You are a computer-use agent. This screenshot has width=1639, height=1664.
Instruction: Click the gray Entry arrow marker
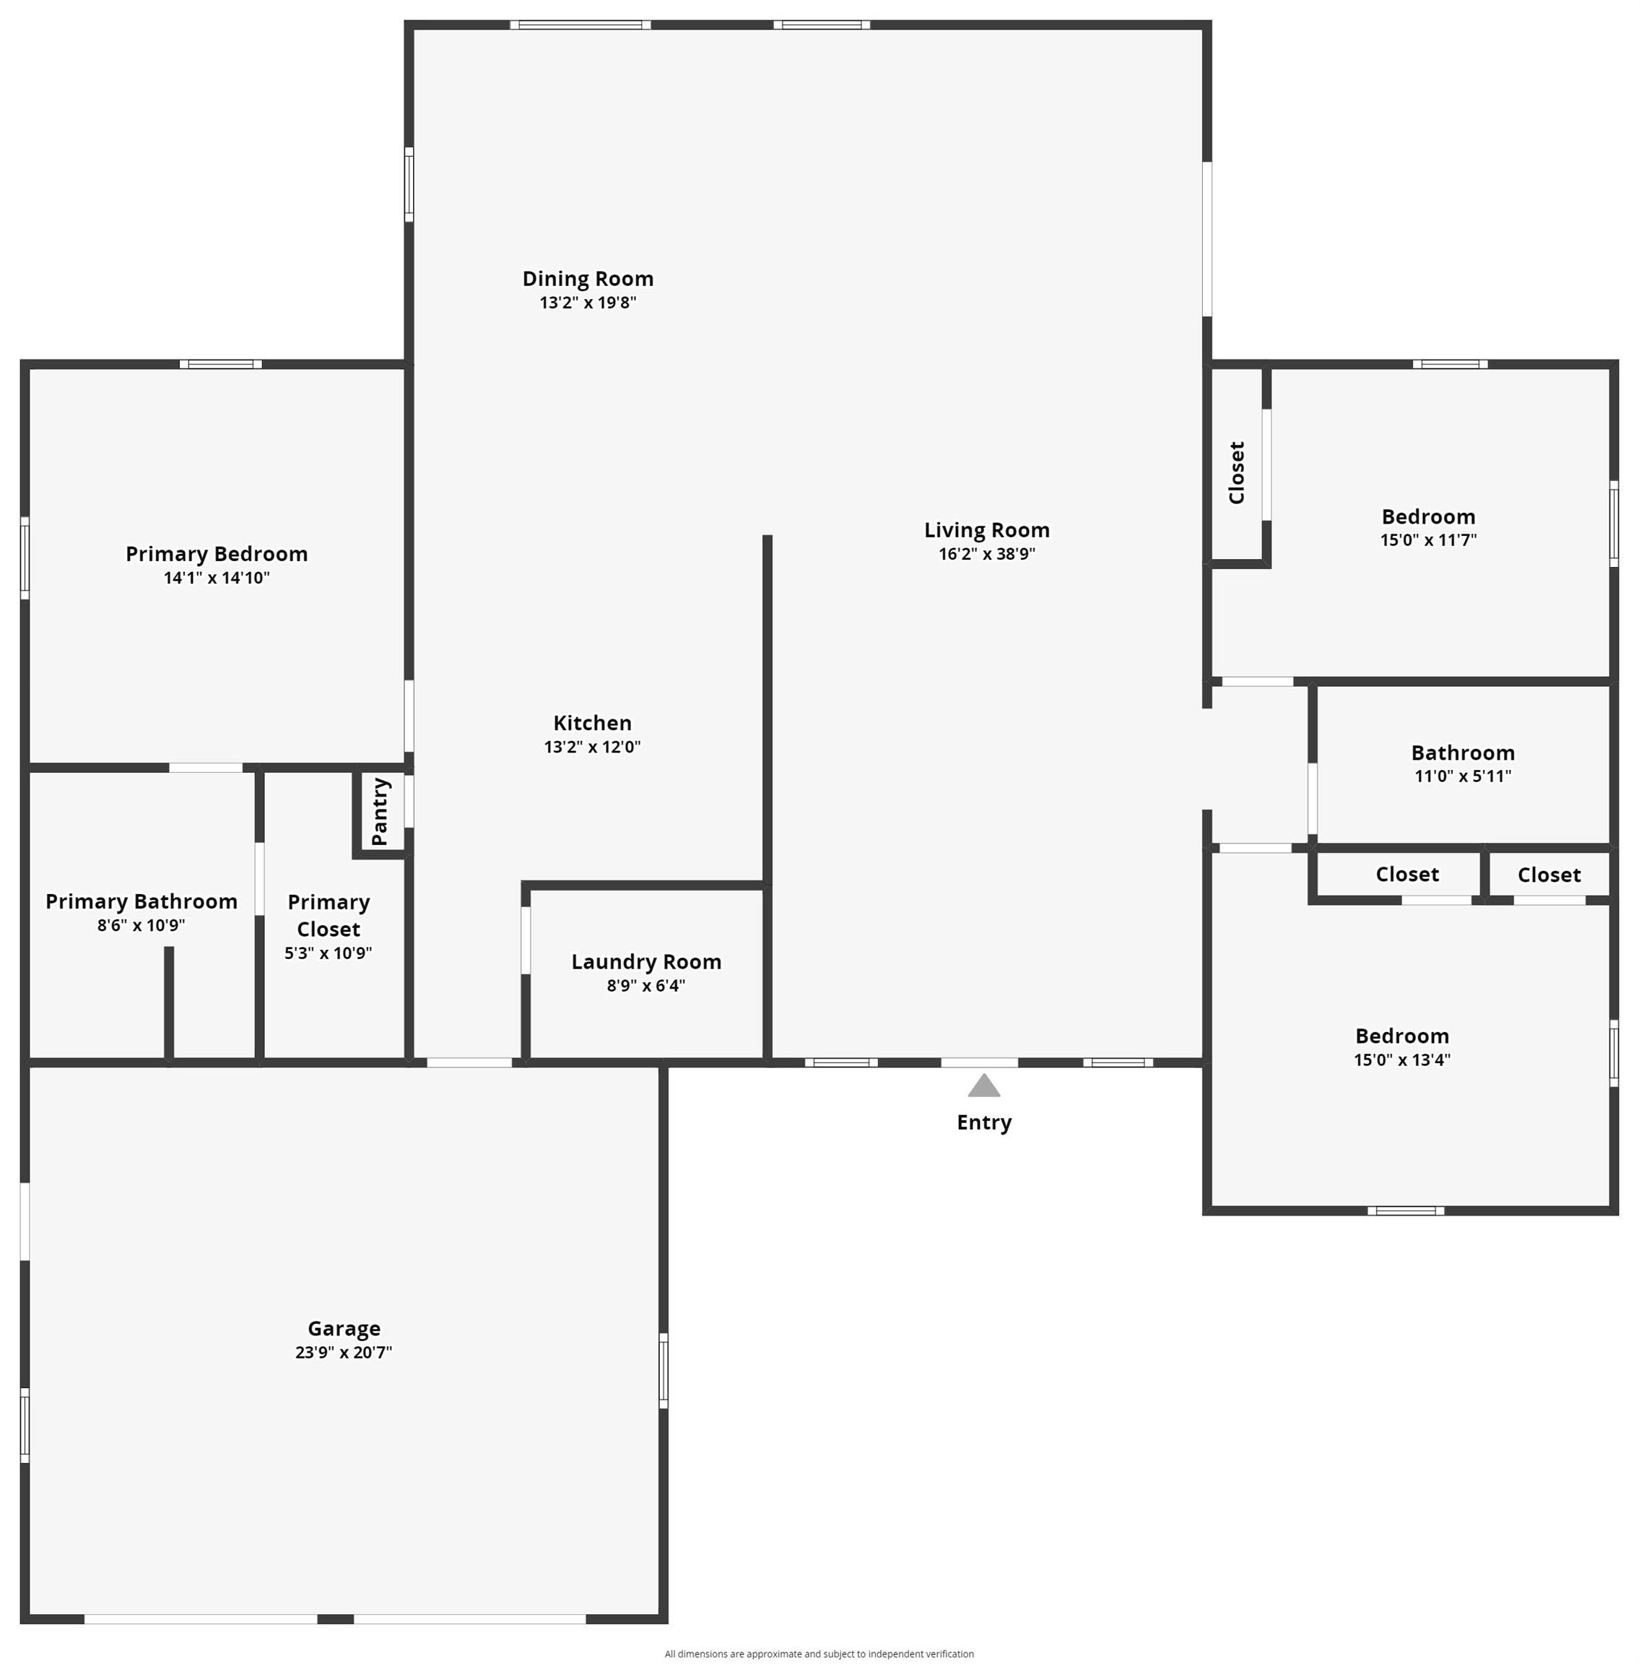(984, 1085)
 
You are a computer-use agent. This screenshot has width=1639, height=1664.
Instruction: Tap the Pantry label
(380, 812)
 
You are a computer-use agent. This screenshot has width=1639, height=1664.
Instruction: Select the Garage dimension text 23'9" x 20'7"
(344, 1353)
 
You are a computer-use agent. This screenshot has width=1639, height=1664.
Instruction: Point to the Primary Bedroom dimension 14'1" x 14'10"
(217, 578)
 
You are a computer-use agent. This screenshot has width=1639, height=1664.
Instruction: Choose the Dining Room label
(588, 279)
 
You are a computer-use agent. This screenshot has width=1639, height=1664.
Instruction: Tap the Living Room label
(987, 530)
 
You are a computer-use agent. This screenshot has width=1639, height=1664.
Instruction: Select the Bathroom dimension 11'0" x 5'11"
(1464, 776)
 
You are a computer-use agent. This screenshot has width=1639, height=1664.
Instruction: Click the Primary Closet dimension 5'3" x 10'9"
(328, 953)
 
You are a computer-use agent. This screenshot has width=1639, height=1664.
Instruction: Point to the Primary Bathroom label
(142, 902)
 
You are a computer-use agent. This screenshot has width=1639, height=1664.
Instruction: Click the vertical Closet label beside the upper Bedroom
(1237, 472)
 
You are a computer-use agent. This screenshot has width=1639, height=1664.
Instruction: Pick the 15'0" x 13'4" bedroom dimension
(1402, 1059)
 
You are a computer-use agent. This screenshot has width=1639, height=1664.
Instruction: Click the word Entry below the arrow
(984, 1122)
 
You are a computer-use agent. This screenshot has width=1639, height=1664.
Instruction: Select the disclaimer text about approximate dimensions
(819, 1654)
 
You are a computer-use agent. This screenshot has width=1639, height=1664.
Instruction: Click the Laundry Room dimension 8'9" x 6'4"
(646, 986)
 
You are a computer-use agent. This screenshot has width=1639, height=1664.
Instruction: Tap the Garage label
(344, 1329)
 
